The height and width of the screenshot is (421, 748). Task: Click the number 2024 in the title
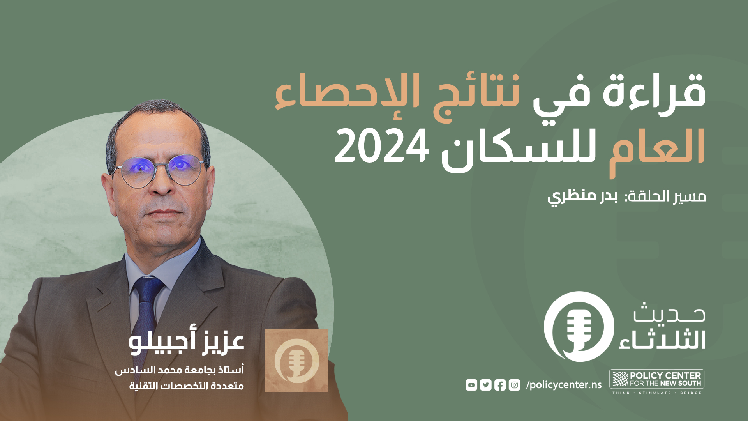(382, 147)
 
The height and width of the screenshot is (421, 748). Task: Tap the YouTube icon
(471, 385)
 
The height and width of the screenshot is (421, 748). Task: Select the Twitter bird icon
(485, 385)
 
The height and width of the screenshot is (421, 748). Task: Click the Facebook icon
(500, 385)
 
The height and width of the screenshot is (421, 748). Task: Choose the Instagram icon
(514, 385)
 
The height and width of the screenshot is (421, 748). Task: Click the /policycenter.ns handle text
(564, 385)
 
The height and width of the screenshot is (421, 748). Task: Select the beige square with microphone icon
(296, 360)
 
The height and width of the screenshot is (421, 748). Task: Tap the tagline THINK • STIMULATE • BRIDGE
(657, 393)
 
